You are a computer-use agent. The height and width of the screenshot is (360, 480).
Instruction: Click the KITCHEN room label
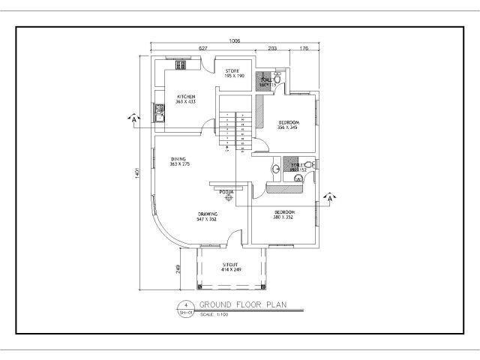[186, 97]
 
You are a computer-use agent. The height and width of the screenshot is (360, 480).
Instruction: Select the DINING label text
[178, 159]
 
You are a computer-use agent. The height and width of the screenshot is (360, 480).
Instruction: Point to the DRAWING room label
[208, 215]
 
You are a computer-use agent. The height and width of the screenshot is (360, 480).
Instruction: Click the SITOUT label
[231, 265]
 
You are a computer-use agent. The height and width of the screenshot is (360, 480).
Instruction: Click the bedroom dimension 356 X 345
[289, 128]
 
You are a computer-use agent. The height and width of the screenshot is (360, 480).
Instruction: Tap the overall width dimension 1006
[235, 40]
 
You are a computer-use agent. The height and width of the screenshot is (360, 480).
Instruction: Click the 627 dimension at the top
[202, 48]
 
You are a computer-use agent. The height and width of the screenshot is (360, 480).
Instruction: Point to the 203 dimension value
[272, 48]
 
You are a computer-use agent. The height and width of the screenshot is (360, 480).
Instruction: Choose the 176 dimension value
[304, 48]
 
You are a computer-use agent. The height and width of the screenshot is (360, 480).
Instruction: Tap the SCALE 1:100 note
[215, 313]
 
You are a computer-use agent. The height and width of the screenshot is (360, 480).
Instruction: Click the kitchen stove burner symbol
[181, 65]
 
